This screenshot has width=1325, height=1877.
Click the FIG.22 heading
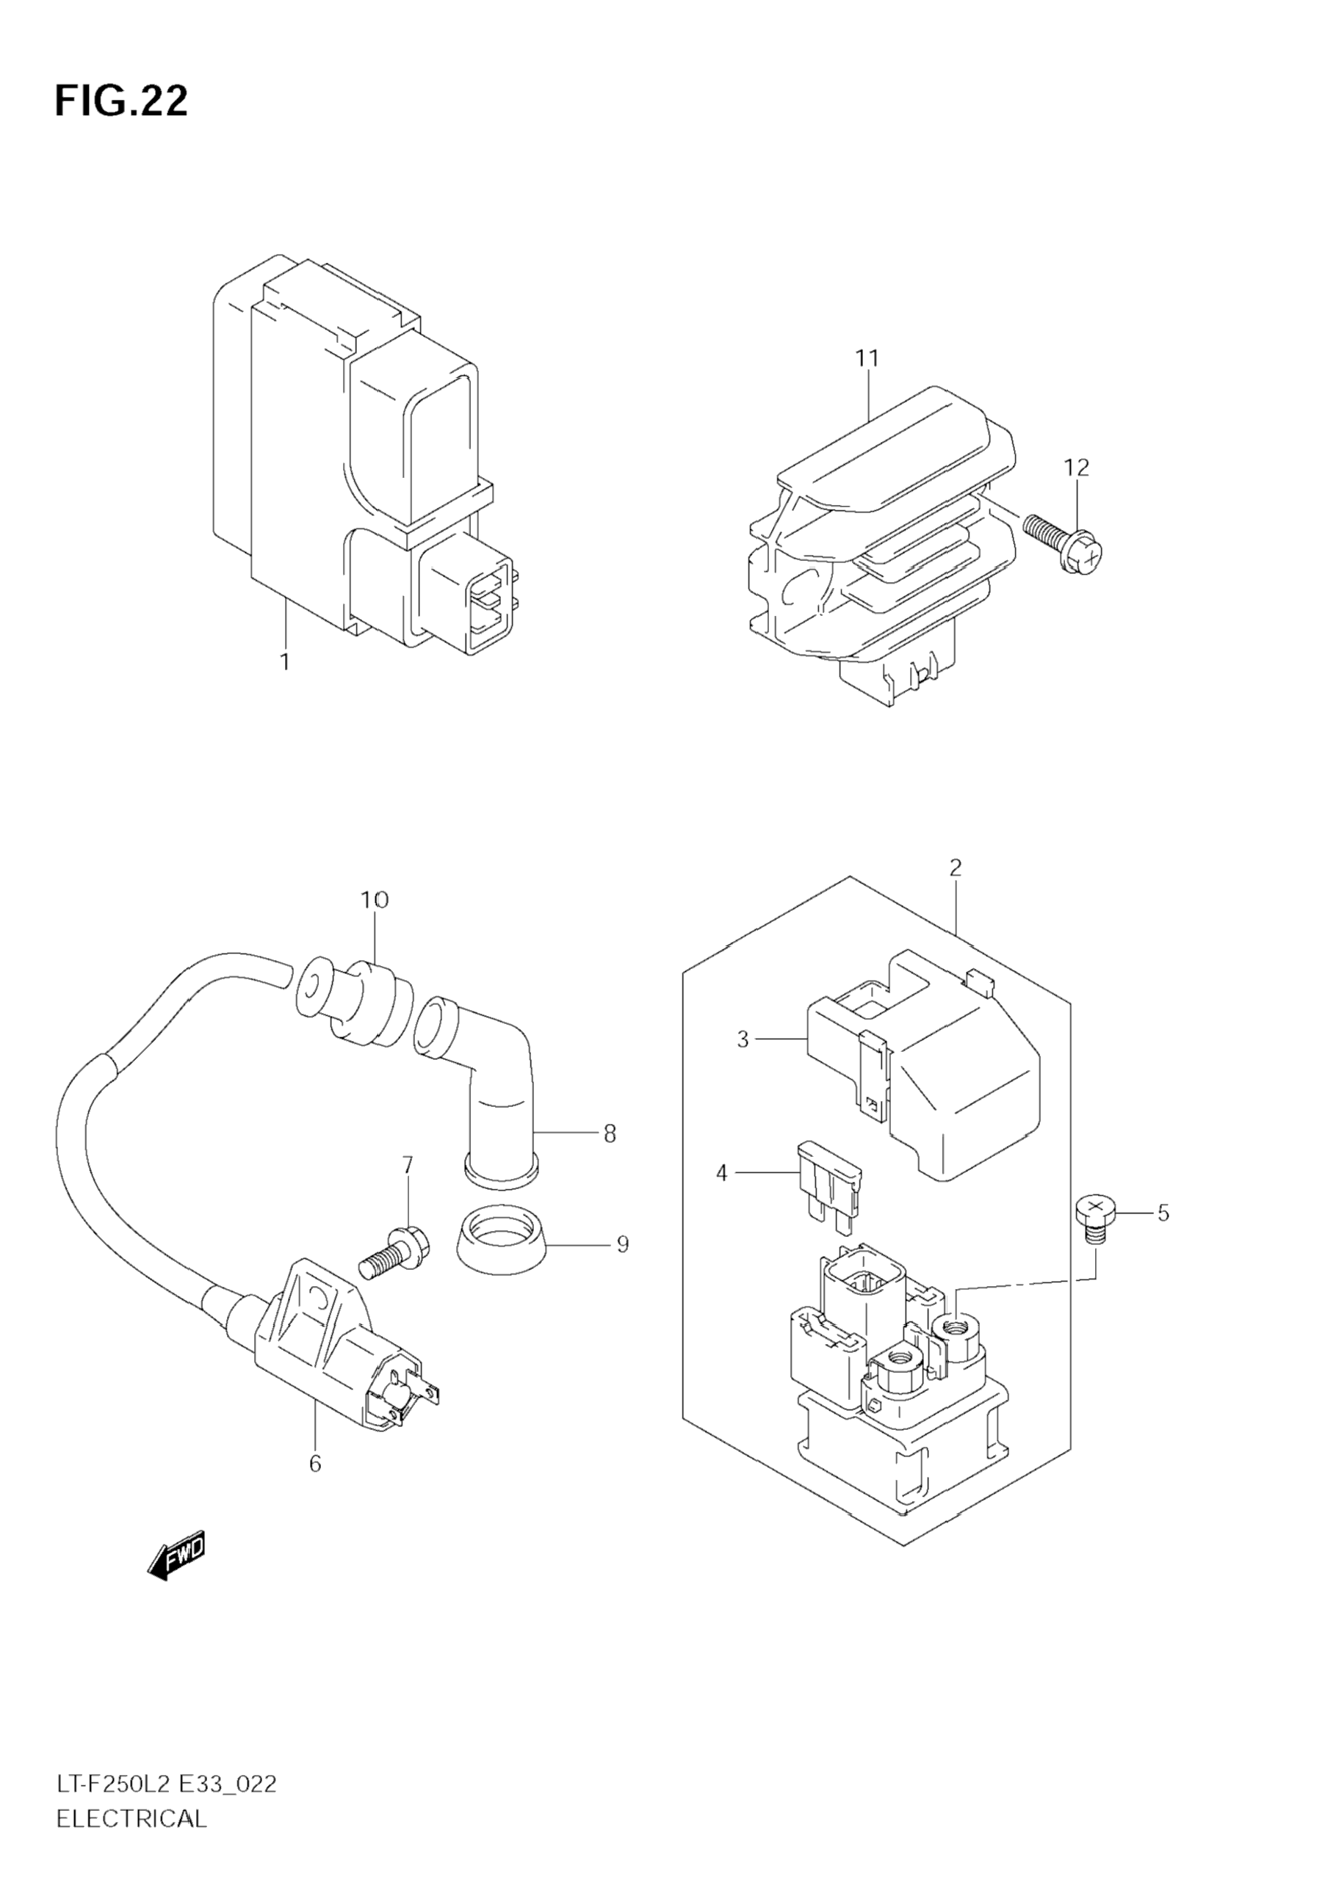click(121, 101)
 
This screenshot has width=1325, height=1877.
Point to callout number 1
click(285, 661)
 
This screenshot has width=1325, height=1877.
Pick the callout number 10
click(374, 900)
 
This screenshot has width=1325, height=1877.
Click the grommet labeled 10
click(353, 1004)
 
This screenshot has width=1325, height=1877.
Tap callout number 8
click(610, 1133)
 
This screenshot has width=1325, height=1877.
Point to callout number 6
click(315, 1463)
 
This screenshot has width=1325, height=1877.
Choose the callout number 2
click(956, 868)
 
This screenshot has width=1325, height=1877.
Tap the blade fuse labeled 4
click(829, 1188)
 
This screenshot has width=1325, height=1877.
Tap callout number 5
click(1163, 1213)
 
